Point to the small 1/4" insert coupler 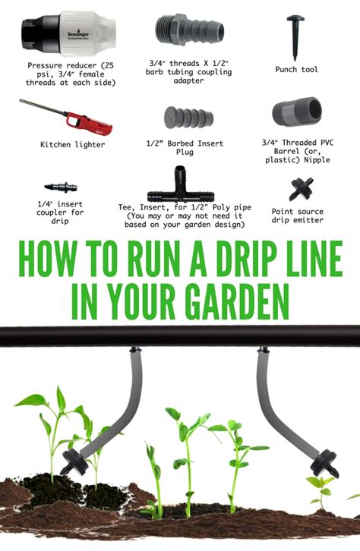pyautogui.click(x=62, y=186)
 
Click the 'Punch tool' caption pyautogui.click(x=296, y=70)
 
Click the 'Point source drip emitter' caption pyautogui.click(x=298, y=216)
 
